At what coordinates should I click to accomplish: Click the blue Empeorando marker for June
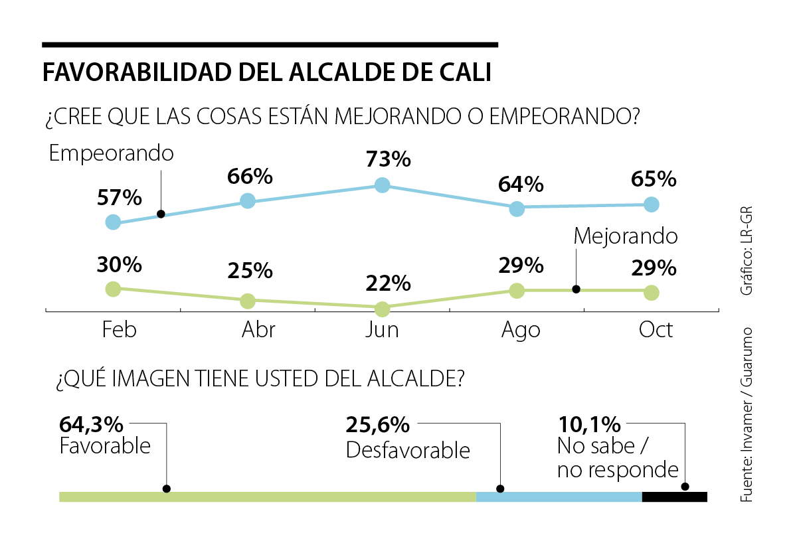point(382,185)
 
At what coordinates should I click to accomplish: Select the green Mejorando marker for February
point(113,289)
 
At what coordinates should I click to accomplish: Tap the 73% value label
point(389,160)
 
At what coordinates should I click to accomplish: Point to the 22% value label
point(389,283)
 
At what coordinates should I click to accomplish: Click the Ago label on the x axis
point(521,330)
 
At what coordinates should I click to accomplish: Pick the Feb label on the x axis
point(120,330)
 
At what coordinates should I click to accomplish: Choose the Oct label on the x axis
point(656,330)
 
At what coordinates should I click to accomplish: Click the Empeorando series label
point(112,154)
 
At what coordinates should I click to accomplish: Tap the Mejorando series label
point(625,236)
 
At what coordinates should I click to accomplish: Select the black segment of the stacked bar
point(675,497)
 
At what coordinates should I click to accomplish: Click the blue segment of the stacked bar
point(559,497)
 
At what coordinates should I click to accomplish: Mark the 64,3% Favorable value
point(91,425)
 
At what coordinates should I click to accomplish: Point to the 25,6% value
point(378,425)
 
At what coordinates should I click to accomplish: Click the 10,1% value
point(589,424)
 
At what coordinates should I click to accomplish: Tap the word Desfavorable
point(408,451)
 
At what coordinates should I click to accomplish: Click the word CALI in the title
point(466,72)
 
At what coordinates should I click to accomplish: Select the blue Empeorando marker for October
point(652,204)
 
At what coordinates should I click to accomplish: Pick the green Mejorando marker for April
point(248,301)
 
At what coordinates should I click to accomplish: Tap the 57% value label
point(120,197)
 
